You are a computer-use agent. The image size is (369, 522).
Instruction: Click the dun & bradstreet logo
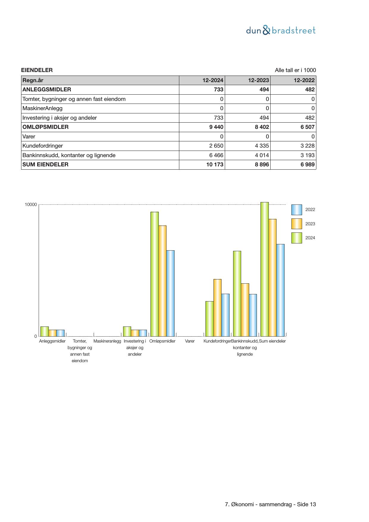[x=281, y=30]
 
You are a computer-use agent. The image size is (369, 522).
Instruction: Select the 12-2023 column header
[x=258, y=80]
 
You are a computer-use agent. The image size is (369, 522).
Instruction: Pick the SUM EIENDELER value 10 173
[x=215, y=165]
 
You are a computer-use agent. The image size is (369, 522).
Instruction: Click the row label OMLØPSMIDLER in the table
[x=45, y=127]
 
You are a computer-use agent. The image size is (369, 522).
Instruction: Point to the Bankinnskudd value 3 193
[x=308, y=155]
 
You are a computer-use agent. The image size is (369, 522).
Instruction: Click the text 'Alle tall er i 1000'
[x=295, y=70]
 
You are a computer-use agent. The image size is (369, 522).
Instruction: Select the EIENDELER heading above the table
[x=37, y=70]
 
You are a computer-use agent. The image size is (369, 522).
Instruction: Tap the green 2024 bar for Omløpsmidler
[x=154, y=274]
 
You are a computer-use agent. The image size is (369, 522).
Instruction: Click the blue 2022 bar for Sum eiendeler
[x=280, y=290]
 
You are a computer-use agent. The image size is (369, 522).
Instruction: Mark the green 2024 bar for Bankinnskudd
[x=237, y=293]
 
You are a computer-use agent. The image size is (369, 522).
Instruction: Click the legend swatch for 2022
[x=296, y=210]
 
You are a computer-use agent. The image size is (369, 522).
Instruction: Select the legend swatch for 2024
[x=296, y=238]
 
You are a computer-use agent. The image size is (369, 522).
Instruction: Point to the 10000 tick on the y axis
[x=31, y=205]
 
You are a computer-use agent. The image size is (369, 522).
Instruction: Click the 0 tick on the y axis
[x=36, y=336]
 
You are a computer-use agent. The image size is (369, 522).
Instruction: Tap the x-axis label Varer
[x=190, y=341]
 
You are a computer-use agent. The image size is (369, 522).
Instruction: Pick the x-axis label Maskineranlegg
[x=107, y=341]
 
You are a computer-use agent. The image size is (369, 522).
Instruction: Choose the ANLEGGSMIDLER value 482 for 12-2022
[x=310, y=90]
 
